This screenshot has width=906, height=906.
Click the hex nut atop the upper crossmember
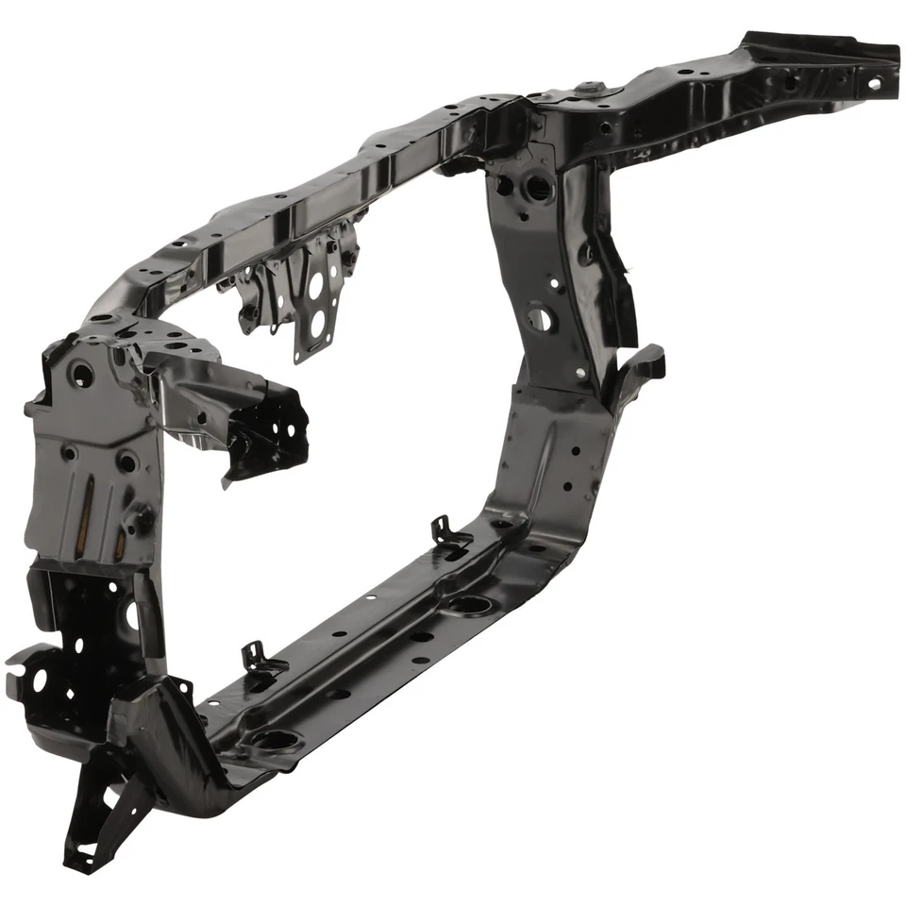point(588,89)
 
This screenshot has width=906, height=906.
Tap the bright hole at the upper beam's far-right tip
point(875,84)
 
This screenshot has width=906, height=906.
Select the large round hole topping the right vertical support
point(540,187)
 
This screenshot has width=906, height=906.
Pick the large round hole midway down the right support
point(541,318)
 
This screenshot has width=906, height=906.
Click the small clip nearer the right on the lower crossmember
point(450,534)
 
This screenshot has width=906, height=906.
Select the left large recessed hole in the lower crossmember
point(275,740)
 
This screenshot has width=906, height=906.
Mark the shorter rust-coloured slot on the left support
point(122,544)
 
